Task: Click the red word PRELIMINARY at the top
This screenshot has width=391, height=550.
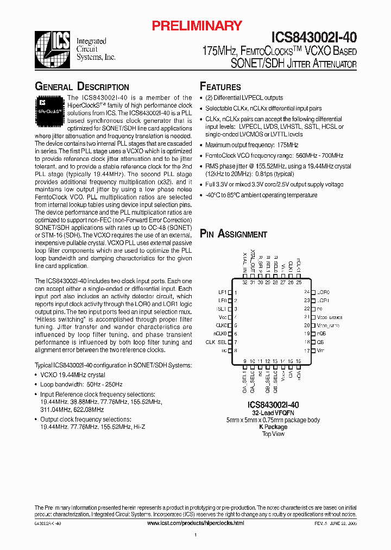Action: (x=197, y=26)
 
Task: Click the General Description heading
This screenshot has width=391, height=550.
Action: (x=82, y=87)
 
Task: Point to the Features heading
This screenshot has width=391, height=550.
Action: (x=220, y=87)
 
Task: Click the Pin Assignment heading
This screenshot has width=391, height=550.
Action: (x=234, y=234)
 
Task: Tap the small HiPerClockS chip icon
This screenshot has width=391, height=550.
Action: (x=49, y=106)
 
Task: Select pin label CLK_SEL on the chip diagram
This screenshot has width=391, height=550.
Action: (x=216, y=342)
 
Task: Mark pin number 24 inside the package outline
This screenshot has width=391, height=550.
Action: (x=306, y=292)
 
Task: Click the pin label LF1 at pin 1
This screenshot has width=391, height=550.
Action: (x=222, y=292)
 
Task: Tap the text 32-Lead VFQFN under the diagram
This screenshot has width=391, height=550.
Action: (x=273, y=413)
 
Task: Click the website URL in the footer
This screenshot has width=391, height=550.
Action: (x=195, y=522)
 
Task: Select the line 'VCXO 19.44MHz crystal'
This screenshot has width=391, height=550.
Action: (x=73, y=375)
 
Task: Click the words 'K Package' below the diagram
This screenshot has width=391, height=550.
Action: (x=273, y=427)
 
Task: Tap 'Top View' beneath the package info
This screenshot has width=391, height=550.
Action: (x=273, y=434)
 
